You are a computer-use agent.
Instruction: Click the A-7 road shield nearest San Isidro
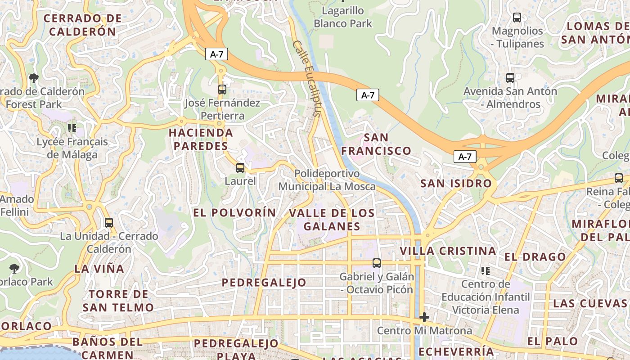point(465,157)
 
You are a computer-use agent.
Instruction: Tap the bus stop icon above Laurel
point(240,168)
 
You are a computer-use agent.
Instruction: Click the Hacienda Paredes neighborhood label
point(201,139)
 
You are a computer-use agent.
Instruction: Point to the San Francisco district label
point(376,144)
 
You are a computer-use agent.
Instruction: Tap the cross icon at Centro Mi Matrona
point(424,317)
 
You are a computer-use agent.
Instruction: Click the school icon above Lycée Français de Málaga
point(72,128)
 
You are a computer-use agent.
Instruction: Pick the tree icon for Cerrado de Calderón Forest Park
point(33,78)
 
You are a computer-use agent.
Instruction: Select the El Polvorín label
point(234,212)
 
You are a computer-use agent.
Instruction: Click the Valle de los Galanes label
point(332,220)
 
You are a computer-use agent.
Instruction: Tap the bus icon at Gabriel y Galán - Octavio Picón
point(377,263)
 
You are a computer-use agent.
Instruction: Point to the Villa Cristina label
point(448,251)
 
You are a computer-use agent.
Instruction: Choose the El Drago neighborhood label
point(535,257)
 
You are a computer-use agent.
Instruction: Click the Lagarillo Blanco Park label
point(343,17)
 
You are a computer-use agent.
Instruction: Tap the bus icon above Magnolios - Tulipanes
point(517,18)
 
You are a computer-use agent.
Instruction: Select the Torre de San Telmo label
point(118,301)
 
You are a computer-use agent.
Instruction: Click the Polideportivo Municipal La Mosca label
point(327,180)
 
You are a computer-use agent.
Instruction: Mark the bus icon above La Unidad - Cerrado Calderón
point(108,223)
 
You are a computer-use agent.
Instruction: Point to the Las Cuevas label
point(589,303)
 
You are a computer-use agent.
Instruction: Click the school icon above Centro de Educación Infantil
point(486,271)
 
